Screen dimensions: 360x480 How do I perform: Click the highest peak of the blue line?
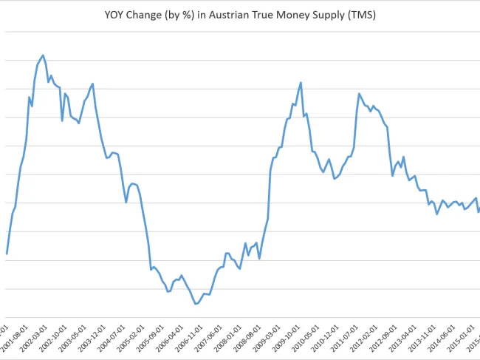click(x=43, y=55)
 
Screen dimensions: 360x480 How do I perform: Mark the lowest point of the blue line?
click(x=196, y=304)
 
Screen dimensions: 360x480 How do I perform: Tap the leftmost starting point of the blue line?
click(x=7, y=254)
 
